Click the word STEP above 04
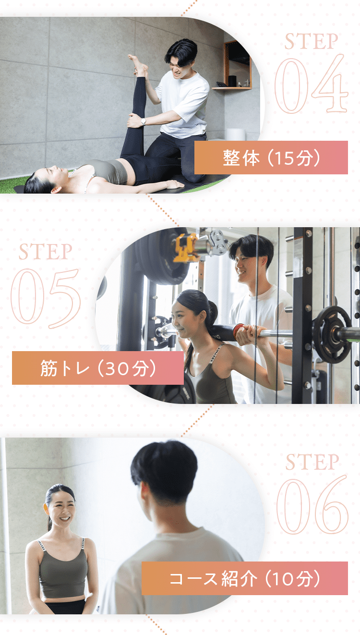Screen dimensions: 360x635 [x=311, y=41]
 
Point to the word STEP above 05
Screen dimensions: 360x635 [x=45, y=251]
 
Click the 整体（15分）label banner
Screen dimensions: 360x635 [x=271, y=158]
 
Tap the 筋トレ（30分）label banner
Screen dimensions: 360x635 [x=98, y=368]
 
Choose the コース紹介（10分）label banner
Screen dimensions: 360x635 [x=245, y=578]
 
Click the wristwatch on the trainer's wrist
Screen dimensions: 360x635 [x=144, y=122]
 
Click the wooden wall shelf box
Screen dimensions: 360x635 [x=237, y=65]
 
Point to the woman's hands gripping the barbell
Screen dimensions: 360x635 [x=250, y=334]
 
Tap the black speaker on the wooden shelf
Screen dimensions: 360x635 [x=232, y=81]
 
